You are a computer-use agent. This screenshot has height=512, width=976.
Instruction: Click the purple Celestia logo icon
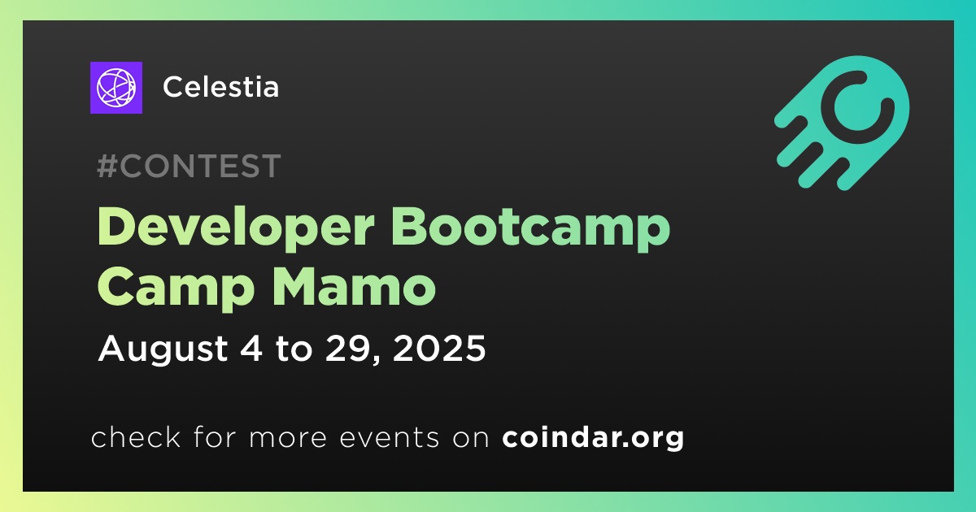(115, 88)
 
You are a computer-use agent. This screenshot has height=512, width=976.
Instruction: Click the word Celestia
(221, 87)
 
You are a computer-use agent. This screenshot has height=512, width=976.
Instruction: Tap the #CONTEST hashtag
(189, 166)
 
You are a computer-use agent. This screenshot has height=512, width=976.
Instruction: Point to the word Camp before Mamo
(176, 289)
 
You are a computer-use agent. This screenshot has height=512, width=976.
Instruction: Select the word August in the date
(163, 349)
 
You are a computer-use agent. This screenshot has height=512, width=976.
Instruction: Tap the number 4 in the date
(251, 349)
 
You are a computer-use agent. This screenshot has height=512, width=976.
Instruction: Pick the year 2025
(439, 349)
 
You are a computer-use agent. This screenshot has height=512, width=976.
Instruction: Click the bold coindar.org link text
(593, 437)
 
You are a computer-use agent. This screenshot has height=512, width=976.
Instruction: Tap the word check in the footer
(136, 436)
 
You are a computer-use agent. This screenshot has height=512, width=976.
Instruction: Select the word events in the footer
(390, 437)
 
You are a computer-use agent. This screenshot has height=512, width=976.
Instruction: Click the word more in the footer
(288, 438)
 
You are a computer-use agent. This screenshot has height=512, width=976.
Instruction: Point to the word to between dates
(294, 349)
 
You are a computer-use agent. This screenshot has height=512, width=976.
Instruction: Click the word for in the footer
(215, 436)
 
